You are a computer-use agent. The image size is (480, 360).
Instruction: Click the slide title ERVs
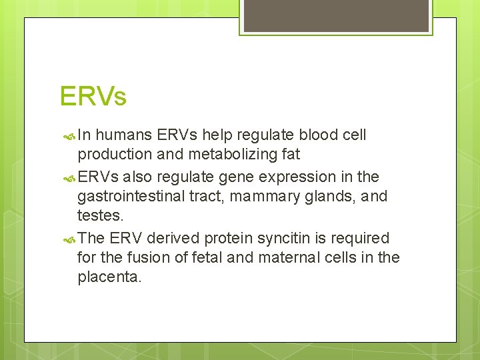point(93,97)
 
